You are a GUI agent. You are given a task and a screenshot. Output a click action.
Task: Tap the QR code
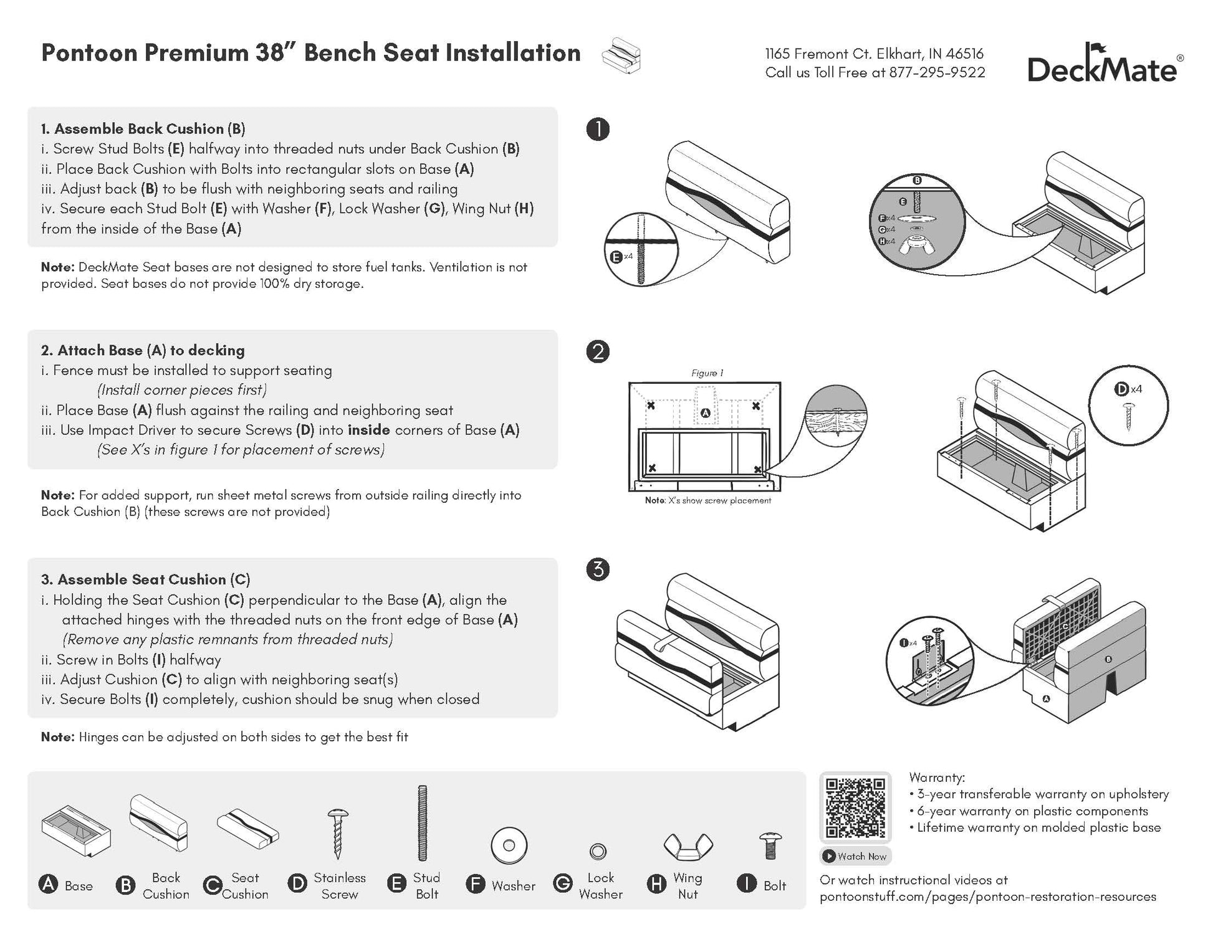point(855,807)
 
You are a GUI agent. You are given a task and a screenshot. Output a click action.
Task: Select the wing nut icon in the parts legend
point(688,846)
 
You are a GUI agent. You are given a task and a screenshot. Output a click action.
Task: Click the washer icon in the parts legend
point(509,846)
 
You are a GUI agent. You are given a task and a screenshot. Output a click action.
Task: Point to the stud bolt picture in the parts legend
point(423,824)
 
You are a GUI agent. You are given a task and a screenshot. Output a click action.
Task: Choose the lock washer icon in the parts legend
point(598,851)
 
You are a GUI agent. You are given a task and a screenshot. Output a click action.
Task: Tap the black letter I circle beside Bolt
point(746,885)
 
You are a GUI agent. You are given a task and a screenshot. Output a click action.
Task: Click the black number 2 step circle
point(598,352)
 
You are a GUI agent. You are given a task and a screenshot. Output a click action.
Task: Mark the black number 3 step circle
point(598,569)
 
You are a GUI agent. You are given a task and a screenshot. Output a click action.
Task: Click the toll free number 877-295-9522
point(937,73)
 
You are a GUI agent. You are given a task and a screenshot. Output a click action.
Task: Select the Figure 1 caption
point(707,373)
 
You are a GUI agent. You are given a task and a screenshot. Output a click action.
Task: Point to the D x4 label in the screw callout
point(1128,389)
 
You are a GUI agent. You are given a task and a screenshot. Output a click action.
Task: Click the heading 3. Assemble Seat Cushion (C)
point(146,579)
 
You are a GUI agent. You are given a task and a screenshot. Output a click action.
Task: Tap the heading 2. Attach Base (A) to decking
point(143,350)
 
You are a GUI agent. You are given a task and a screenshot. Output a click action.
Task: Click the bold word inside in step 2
point(368,430)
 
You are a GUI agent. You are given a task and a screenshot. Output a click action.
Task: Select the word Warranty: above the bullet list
point(937,778)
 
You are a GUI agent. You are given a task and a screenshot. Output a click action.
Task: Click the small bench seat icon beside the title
point(621,55)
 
